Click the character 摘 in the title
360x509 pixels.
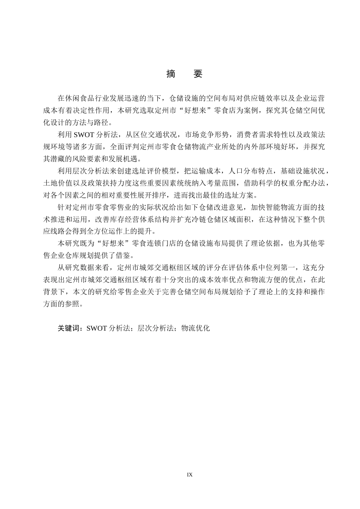tap(171, 74)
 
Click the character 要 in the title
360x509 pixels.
tap(198, 74)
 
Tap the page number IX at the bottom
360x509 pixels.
tap(190, 475)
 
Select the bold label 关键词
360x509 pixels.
tap(70, 328)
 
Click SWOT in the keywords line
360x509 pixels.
tap(97, 328)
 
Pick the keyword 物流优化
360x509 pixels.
tap(195, 328)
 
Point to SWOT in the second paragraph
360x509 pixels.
tap(86, 135)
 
